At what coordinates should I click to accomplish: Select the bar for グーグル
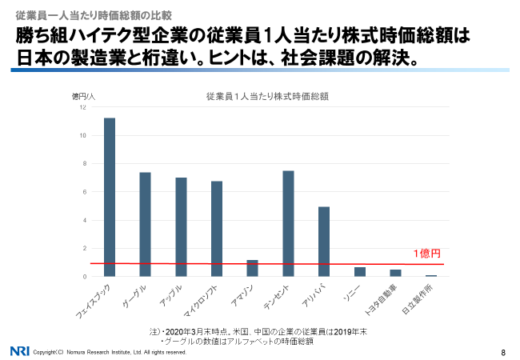click(x=145, y=224)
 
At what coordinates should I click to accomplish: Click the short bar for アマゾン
click(x=253, y=268)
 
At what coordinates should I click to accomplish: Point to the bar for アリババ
click(x=324, y=241)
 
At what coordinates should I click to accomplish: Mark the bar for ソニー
click(x=360, y=272)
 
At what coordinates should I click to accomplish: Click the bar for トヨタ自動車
click(x=395, y=273)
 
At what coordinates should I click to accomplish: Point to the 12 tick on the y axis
click(x=82, y=108)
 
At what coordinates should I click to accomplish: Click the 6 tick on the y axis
click(x=84, y=192)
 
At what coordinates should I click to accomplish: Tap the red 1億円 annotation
click(x=426, y=254)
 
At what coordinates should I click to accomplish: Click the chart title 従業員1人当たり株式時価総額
click(x=268, y=96)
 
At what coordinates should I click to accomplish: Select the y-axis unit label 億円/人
click(x=83, y=96)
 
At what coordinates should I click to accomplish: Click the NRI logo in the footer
click(x=20, y=350)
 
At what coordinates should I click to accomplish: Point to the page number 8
click(x=503, y=351)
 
